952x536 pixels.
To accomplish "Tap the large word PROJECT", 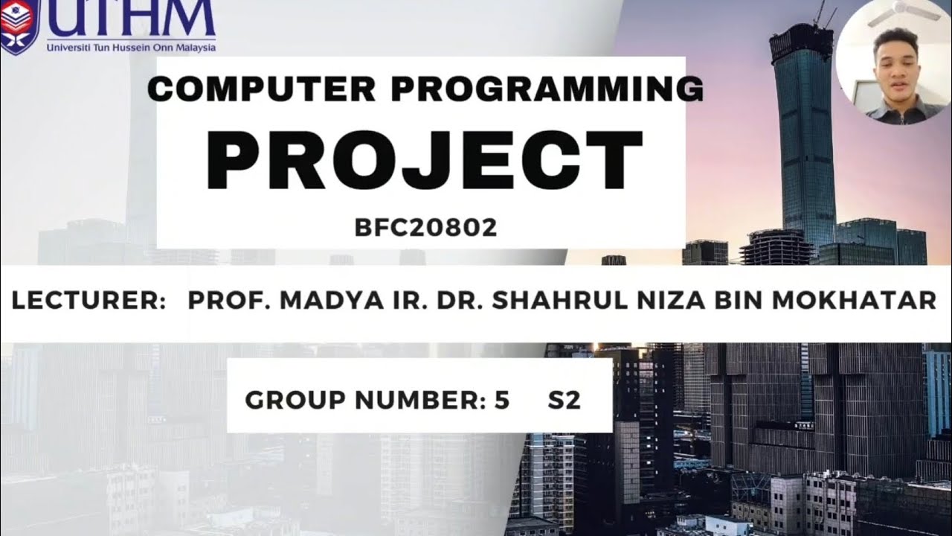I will tap(425, 159).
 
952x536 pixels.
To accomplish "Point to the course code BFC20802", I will tap(426, 228).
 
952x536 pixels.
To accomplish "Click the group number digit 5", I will tap(502, 401).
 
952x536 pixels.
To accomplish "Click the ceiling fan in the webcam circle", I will tap(915, 9).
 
